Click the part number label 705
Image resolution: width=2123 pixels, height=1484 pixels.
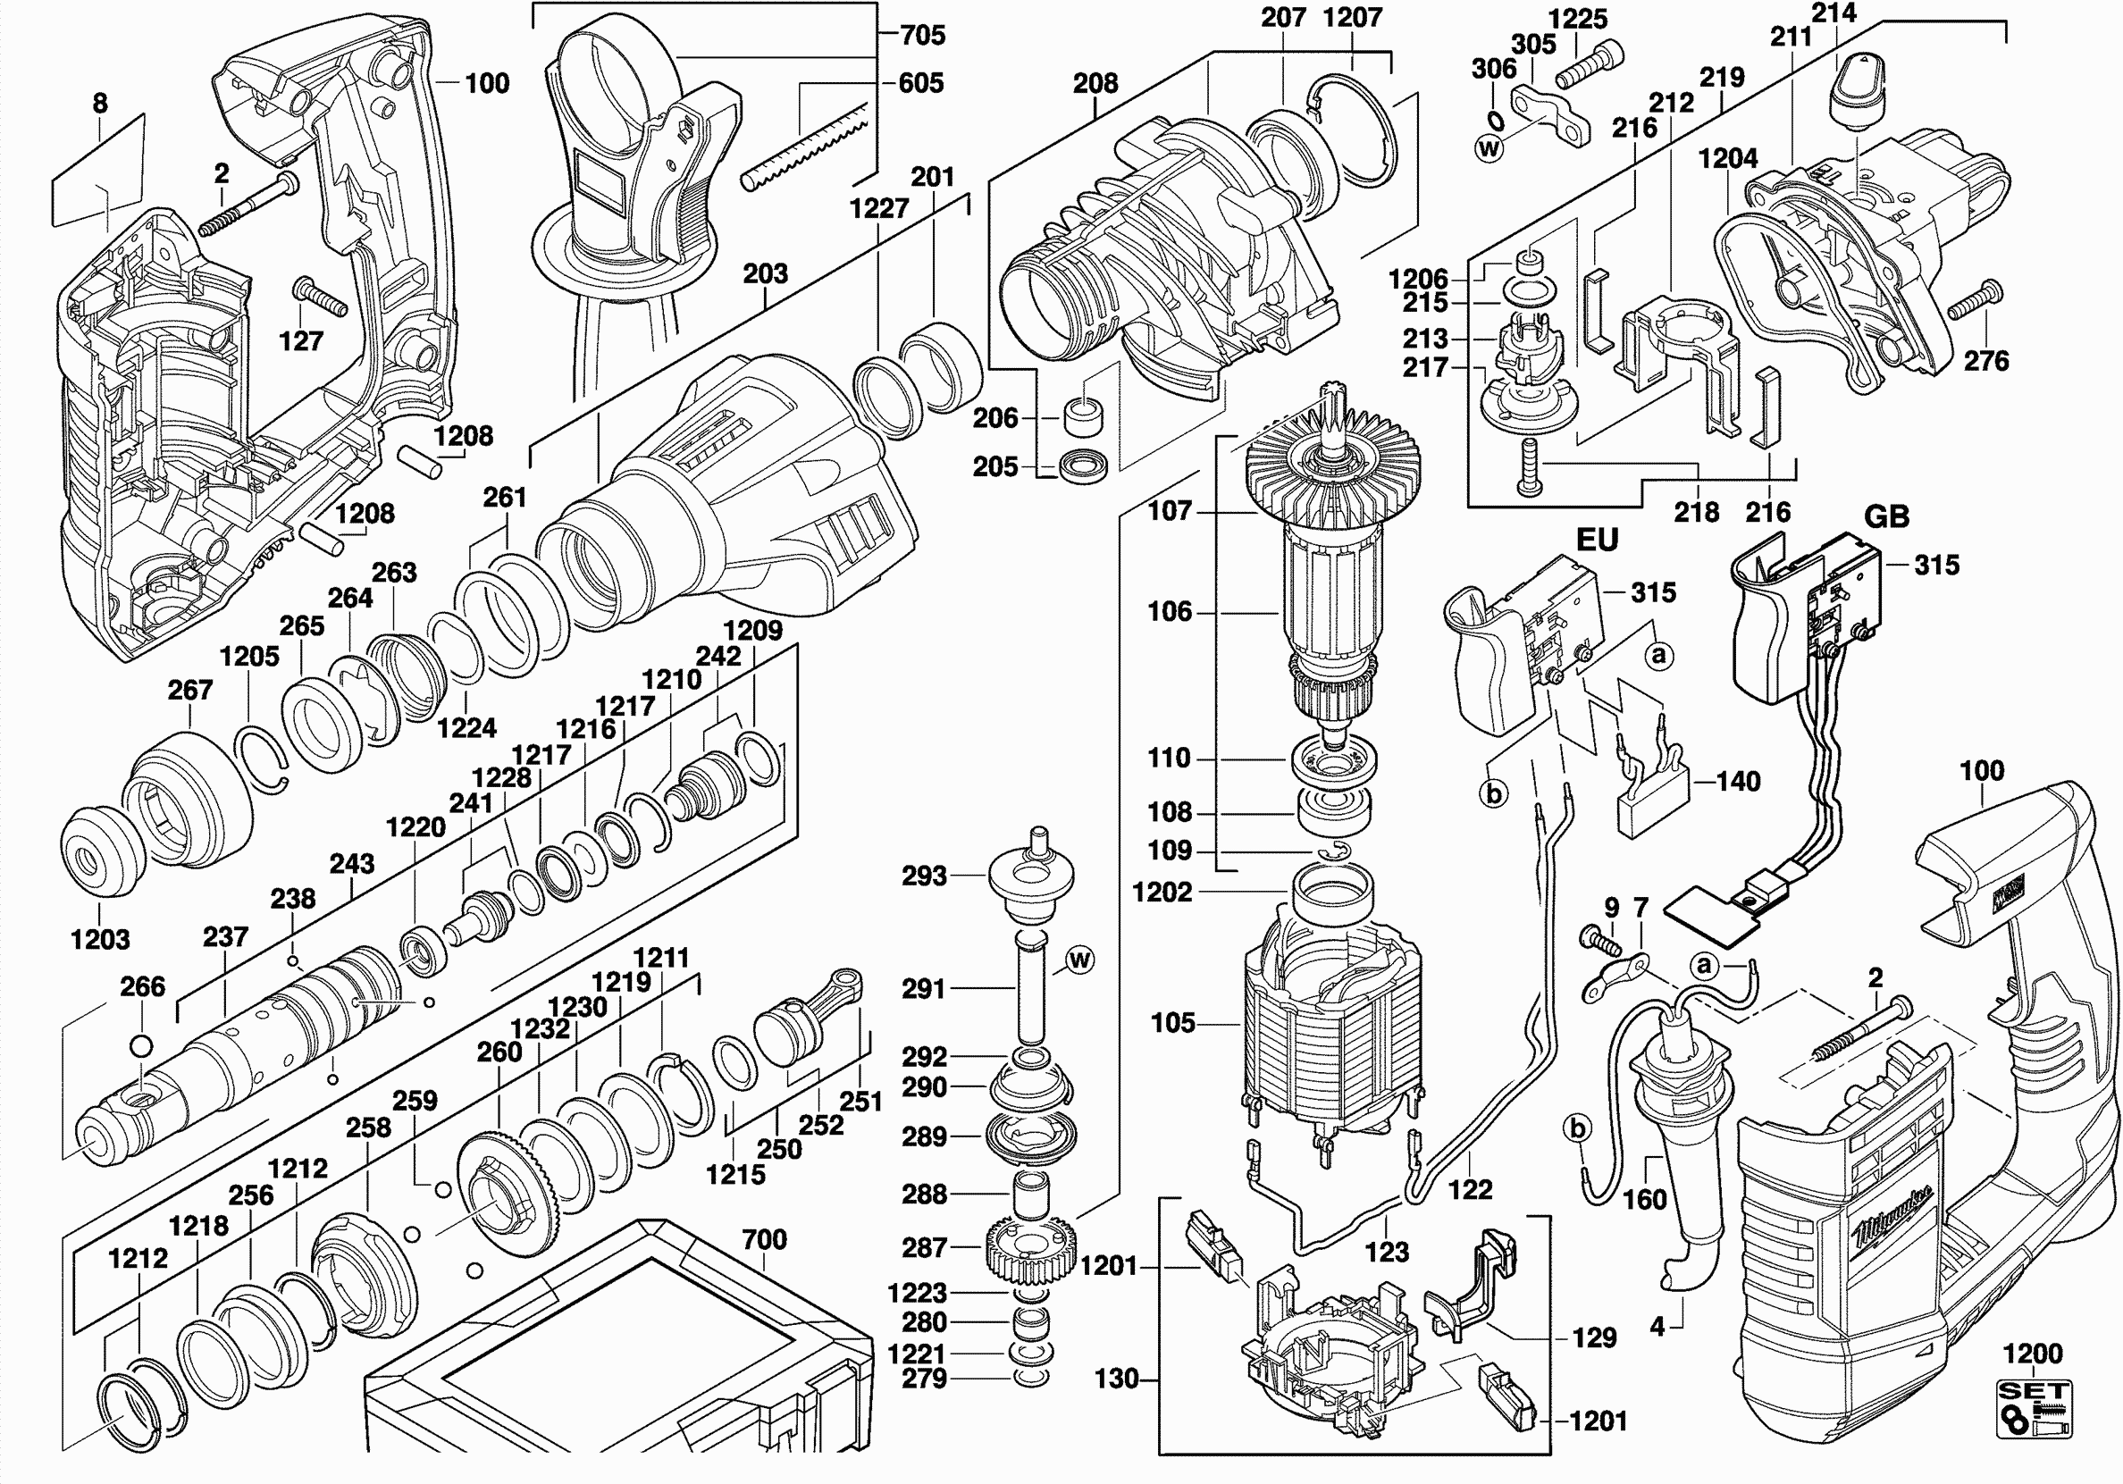922,35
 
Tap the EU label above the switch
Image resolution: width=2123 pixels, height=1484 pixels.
1597,540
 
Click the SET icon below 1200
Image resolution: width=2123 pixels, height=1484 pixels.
2034,1410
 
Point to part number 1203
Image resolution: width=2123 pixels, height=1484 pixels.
100,939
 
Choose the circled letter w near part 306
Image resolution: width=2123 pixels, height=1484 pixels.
1489,149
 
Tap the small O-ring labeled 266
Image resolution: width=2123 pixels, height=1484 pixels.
141,1045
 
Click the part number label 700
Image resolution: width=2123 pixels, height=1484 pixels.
764,1239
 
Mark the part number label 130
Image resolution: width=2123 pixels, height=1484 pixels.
1116,1379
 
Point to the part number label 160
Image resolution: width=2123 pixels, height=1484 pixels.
1644,1199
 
